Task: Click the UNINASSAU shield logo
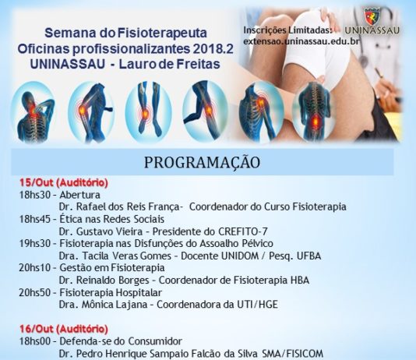point(372,16)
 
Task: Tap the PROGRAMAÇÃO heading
point(203,162)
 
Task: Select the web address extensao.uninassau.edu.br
point(301,41)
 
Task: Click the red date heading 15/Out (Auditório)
point(64,183)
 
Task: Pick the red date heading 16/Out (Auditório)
point(64,329)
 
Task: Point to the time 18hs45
point(34,220)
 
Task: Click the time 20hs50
point(34,293)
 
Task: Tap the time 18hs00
point(34,341)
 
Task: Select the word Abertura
point(80,195)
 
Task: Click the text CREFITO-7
point(243,231)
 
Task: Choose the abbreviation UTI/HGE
point(257,305)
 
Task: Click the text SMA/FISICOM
point(293,354)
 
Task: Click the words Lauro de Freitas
point(170,64)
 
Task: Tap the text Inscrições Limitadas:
point(288,30)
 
